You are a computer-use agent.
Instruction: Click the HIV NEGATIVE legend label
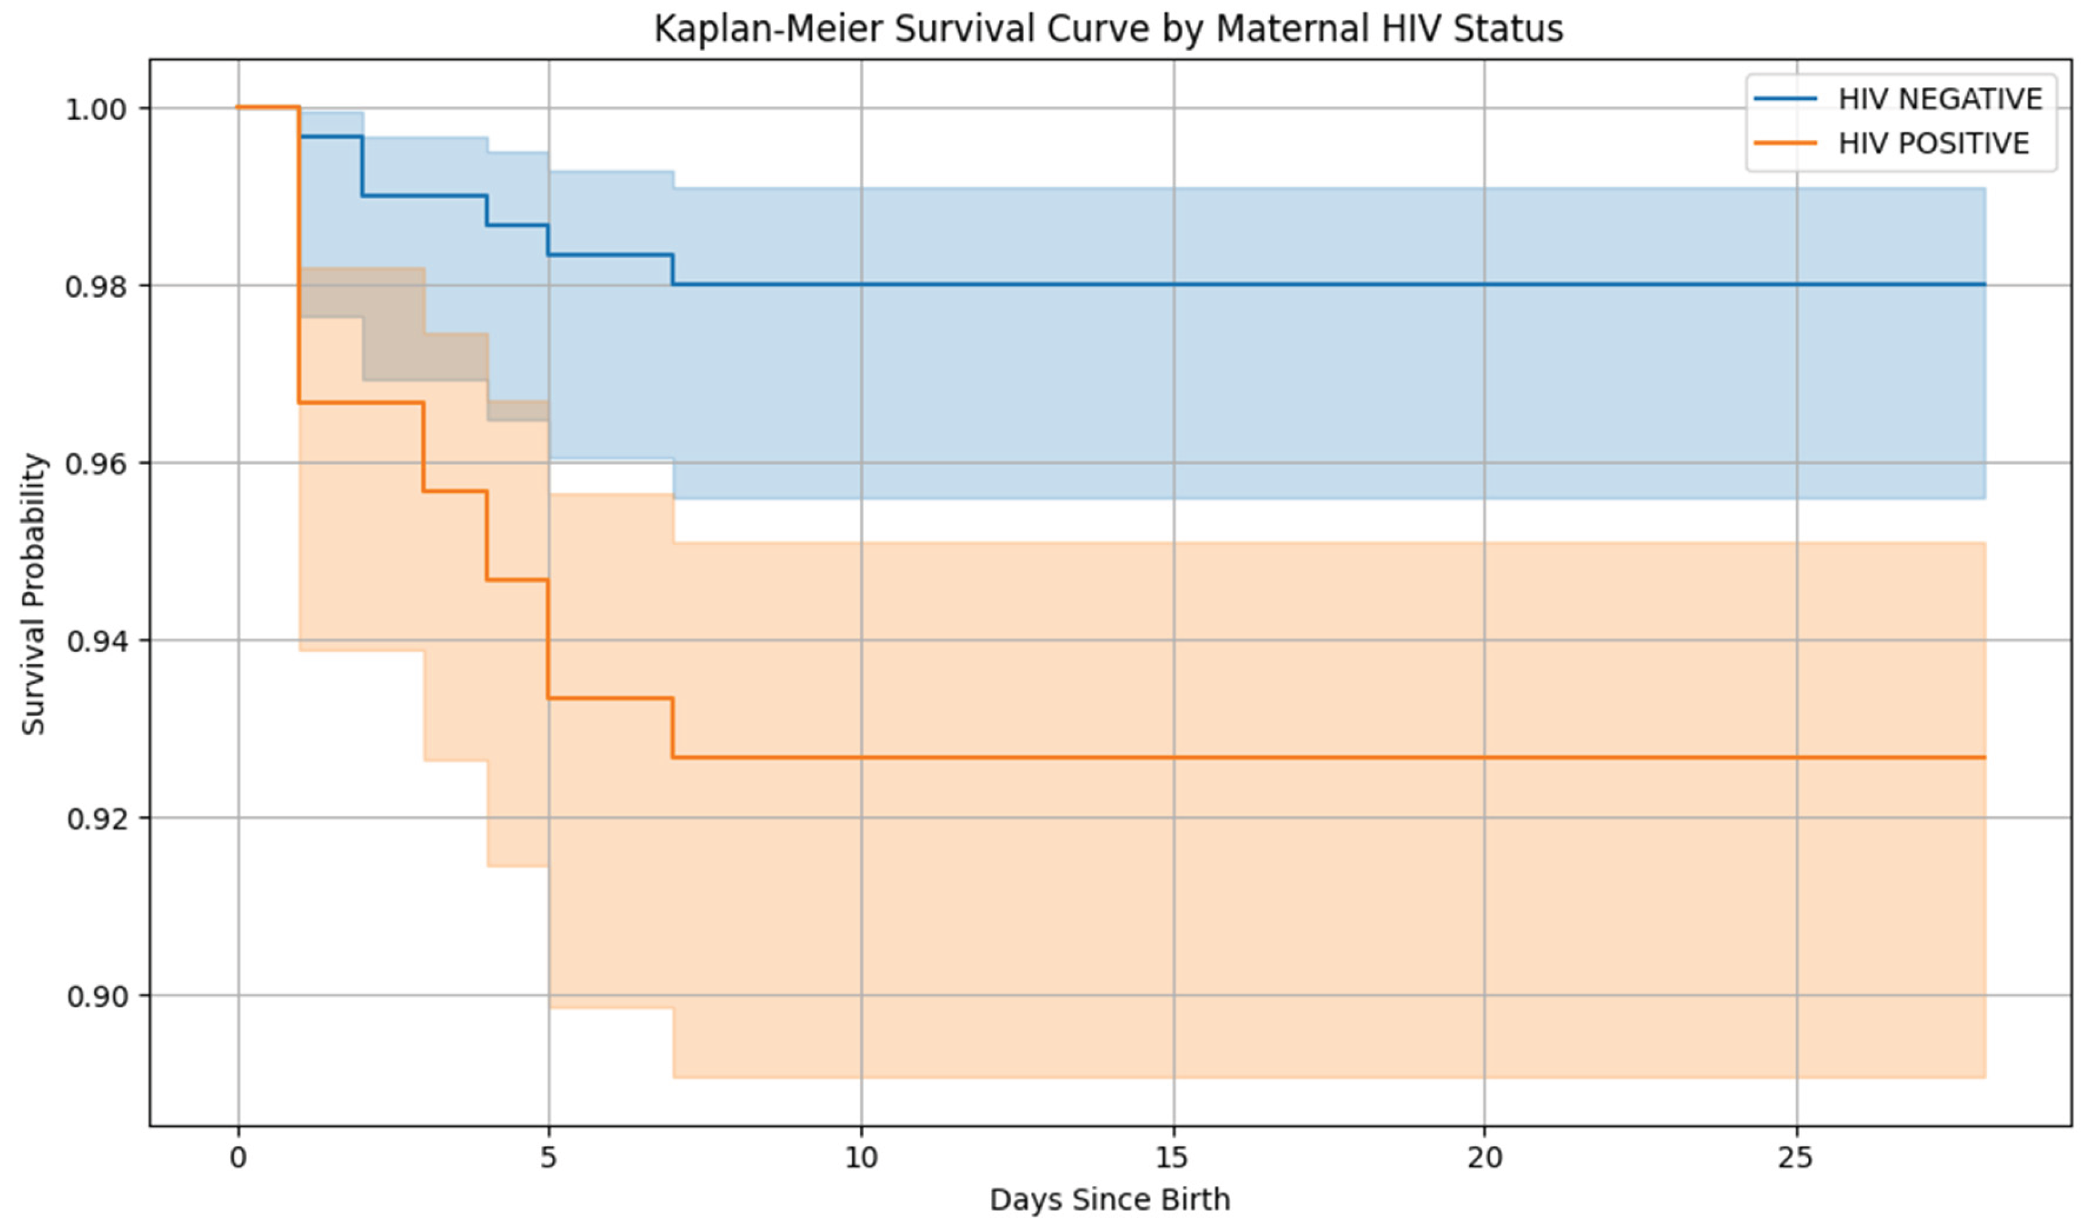(x=1940, y=99)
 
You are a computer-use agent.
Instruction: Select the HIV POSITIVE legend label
(x=1933, y=143)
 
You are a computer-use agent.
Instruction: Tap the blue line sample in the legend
(x=1785, y=99)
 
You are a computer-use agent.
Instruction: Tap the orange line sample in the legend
(x=1785, y=143)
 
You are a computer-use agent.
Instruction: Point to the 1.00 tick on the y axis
(x=96, y=109)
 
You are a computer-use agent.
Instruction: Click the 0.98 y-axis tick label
(x=96, y=286)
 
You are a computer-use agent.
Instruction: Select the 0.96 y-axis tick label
(x=96, y=464)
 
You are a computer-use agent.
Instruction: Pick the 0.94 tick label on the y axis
(x=96, y=641)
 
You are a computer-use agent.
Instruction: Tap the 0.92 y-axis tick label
(x=96, y=819)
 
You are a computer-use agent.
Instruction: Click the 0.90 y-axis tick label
(x=96, y=996)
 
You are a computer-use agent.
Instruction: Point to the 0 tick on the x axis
(x=238, y=1157)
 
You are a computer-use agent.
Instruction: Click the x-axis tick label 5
(x=548, y=1157)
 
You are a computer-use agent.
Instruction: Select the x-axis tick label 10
(x=861, y=1157)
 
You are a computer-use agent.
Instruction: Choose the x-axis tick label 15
(x=1173, y=1157)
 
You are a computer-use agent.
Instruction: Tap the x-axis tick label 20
(x=1484, y=1157)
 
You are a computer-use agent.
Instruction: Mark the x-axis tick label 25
(x=1797, y=1157)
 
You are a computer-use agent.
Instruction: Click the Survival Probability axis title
(x=33, y=594)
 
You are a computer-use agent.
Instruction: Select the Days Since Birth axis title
(x=1110, y=1200)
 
